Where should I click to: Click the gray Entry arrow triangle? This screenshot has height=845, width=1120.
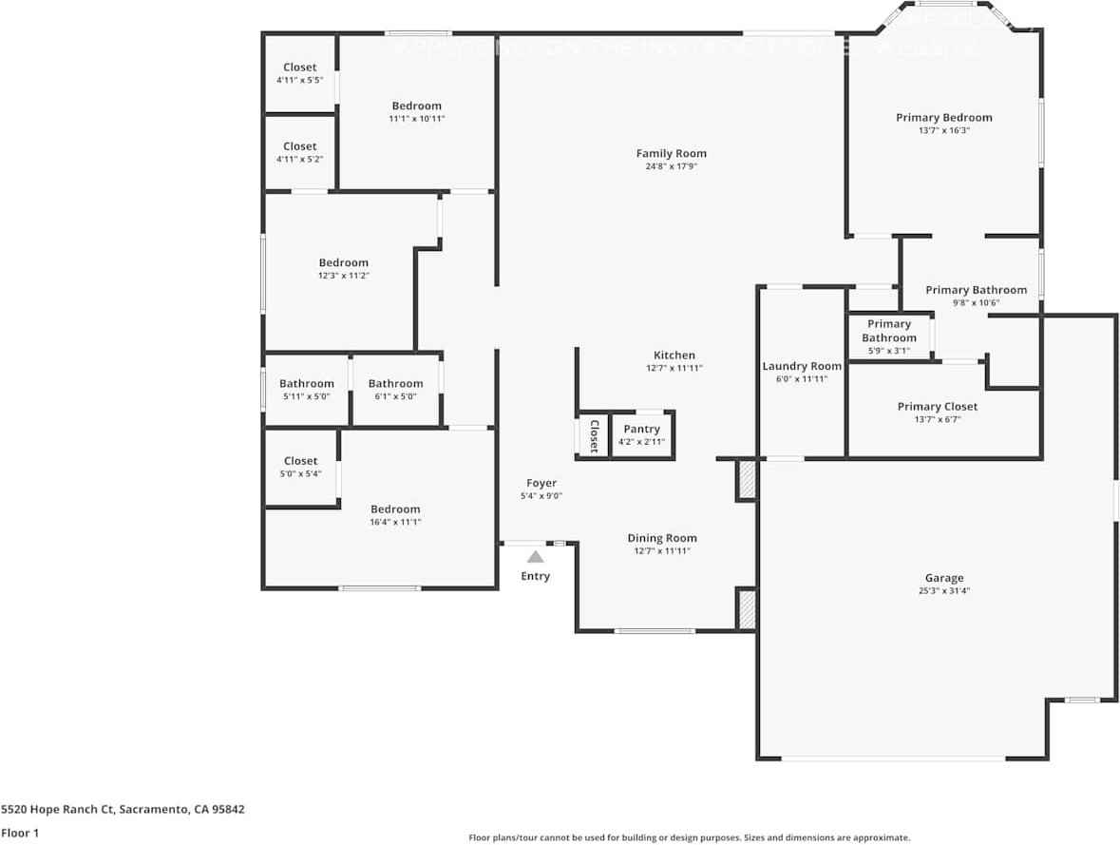[536, 557]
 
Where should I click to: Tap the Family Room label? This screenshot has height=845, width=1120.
[671, 153]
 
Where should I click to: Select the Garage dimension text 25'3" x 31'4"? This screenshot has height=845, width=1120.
[944, 590]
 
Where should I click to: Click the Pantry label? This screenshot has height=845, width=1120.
[641, 430]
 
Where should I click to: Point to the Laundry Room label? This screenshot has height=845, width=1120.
[802, 366]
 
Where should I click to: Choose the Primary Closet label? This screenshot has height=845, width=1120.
[937, 407]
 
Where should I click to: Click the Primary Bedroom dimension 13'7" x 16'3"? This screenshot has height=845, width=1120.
[943, 130]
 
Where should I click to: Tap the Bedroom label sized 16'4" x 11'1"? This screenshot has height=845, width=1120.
[395, 509]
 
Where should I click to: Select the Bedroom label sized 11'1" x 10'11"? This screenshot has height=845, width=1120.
[416, 106]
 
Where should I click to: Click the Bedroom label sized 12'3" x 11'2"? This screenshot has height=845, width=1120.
[343, 263]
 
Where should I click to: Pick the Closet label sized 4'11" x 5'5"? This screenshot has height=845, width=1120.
[299, 67]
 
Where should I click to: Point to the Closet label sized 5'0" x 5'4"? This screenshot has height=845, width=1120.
[300, 461]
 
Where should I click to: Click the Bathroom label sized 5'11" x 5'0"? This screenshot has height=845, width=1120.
[306, 384]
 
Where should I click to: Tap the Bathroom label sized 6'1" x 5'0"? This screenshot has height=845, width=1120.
[395, 384]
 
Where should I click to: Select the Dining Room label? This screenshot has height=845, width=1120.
[661, 538]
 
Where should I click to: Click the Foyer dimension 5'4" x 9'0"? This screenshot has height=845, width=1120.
[541, 495]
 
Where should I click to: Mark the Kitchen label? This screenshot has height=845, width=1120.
[674, 355]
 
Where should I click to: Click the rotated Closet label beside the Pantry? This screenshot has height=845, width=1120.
[594, 435]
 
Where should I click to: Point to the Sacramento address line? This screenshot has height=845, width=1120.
[123, 810]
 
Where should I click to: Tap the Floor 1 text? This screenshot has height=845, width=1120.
[20, 833]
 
